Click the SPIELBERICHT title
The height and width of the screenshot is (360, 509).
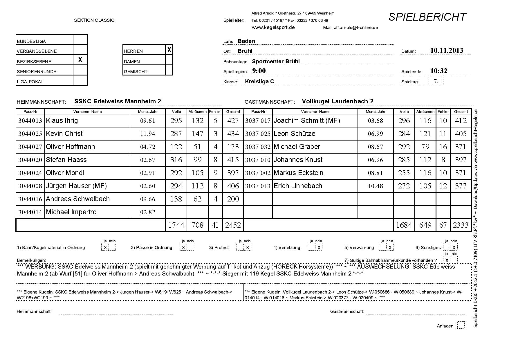(x=427, y=17)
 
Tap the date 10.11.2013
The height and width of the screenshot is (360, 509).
(x=447, y=51)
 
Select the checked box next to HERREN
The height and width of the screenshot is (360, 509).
(x=169, y=50)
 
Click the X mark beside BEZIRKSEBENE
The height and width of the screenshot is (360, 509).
(x=80, y=60)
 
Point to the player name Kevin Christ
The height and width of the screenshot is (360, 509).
(x=64, y=134)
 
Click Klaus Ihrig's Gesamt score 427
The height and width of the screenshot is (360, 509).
(x=233, y=120)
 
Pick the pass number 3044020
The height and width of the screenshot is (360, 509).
(x=30, y=160)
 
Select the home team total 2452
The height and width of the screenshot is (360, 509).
(x=233, y=225)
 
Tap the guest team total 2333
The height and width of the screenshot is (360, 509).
(x=461, y=225)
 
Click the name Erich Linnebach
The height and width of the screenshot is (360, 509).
(x=298, y=186)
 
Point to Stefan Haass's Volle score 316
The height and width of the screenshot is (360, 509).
(x=176, y=160)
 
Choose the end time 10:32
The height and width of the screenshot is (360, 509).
(x=438, y=71)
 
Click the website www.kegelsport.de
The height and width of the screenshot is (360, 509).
(x=273, y=27)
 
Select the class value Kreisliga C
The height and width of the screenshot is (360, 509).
(x=259, y=81)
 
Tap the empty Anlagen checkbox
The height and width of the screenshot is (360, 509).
(x=461, y=325)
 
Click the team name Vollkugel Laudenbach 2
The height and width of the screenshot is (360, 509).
(x=337, y=101)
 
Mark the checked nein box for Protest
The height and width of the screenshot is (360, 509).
(x=247, y=247)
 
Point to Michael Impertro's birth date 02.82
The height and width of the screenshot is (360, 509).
(x=148, y=212)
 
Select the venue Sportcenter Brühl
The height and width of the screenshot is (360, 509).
(x=276, y=61)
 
